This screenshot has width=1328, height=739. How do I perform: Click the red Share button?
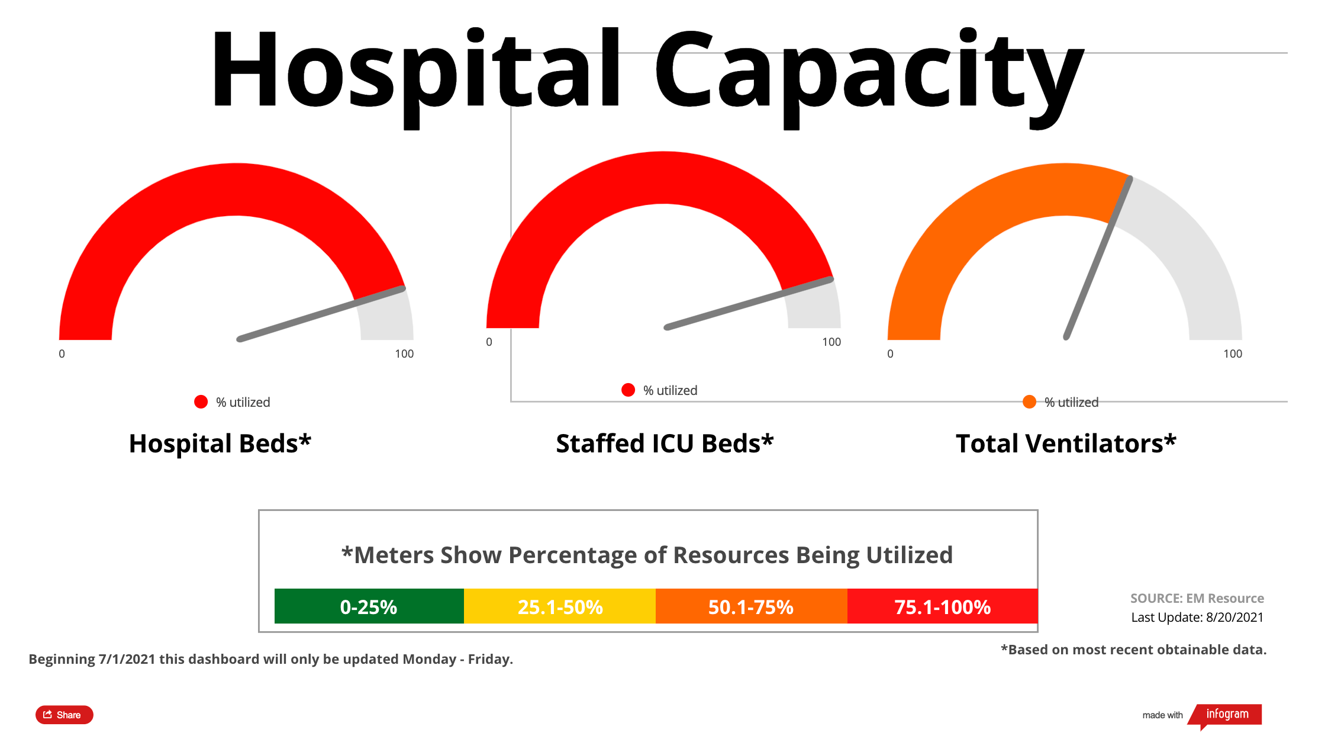click(x=64, y=715)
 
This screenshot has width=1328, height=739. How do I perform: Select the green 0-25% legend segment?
click(x=369, y=606)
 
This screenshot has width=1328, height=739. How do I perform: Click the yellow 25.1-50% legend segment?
click(x=560, y=606)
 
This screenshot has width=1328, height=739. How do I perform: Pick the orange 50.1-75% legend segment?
click(x=751, y=606)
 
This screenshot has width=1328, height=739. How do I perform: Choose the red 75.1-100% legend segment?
click(x=942, y=606)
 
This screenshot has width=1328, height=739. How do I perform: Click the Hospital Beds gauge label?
click(x=220, y=444)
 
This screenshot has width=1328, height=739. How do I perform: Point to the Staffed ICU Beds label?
click(x=665, y=444)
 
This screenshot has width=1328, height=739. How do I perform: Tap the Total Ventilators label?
click(x=1066, y=444)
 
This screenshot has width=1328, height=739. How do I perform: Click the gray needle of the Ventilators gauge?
click(x=1098, y=258)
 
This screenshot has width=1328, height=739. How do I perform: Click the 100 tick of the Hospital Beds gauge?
click(x=404, y=354)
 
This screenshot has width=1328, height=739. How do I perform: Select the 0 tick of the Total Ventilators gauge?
click(x=890, y=354)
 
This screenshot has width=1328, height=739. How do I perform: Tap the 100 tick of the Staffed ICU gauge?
click(x=831, y=342)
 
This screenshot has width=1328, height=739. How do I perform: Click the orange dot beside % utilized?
click(x=1030, y=402)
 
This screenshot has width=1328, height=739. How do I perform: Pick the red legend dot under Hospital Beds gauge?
click(x=201, y=402)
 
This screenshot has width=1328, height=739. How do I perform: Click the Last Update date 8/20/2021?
click(x=1234, y=617)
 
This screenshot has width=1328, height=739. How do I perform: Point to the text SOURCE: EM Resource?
click(x=1197, y=598)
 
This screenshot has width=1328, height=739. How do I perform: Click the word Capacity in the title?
click(x=868, y=71)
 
